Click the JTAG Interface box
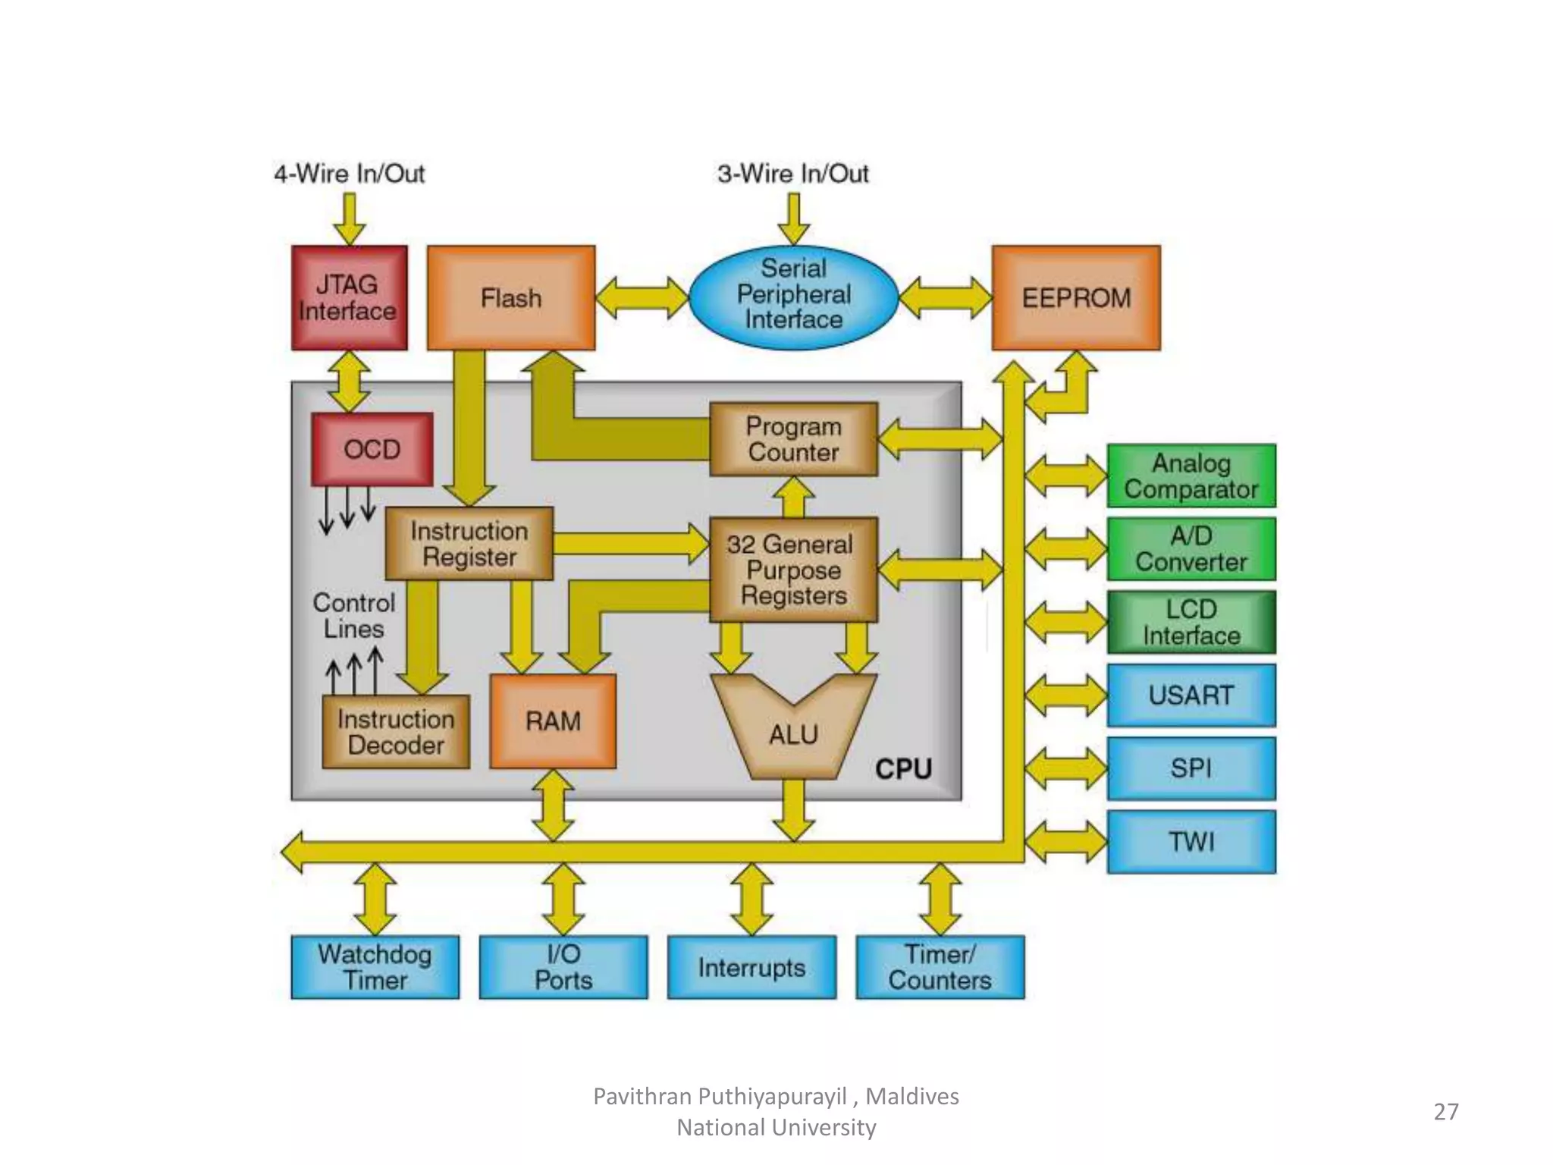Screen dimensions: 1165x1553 349,297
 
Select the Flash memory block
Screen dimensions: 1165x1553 511,297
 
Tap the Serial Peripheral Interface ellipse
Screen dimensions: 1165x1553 793,294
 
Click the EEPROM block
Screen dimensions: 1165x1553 1075,297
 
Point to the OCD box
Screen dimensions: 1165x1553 372,449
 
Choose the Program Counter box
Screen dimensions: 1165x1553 793,439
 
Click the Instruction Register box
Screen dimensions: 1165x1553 469,543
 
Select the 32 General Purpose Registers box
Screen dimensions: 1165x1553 793,570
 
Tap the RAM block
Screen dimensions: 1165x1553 553,721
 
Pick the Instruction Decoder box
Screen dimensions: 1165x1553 396,732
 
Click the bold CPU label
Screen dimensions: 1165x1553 903,769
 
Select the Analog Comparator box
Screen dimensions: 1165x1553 1191,476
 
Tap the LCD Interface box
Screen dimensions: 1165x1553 1191,622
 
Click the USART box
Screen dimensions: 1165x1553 1191,695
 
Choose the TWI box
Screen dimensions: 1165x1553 1191,841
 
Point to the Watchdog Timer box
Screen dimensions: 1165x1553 375,966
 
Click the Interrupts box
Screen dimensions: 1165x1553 751,966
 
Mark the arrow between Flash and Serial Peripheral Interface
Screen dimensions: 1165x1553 642,297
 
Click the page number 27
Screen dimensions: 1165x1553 1445,1111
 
